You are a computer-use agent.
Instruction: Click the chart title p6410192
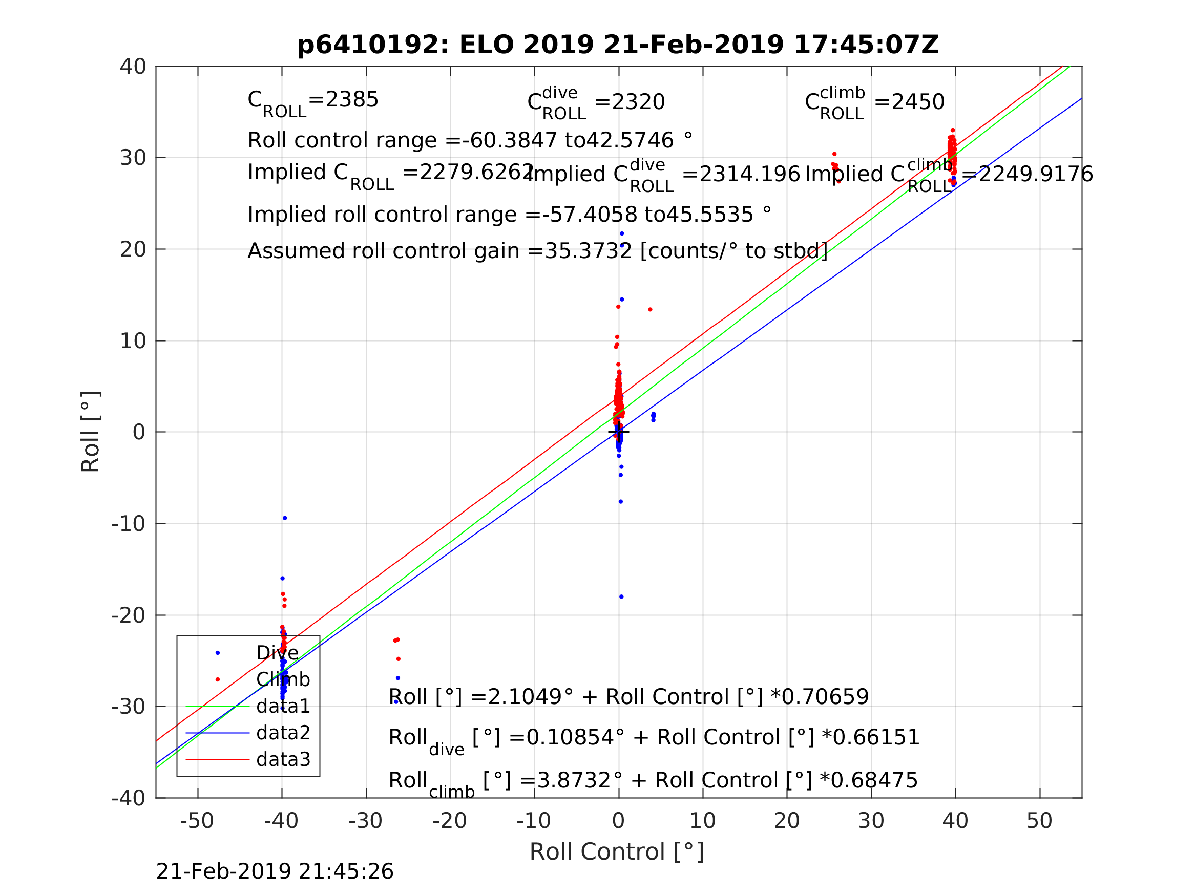click(x=618, y=45)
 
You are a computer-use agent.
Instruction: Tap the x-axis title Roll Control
click(x=616, y=852)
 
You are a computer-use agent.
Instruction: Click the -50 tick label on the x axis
click(x=197, y=821)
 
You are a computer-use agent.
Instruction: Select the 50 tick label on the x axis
click(x=1039, y=821)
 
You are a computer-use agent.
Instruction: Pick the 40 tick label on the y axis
click(x=133, y=67)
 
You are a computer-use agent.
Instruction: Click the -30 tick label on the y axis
click(x=129, y=707)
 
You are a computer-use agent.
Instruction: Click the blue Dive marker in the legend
click(x=218, y=653)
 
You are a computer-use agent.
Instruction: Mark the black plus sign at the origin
click(x=619, y=432)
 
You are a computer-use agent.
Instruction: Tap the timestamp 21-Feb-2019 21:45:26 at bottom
click(x=275, y=872)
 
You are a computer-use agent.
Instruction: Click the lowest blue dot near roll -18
click(x=621, y=597)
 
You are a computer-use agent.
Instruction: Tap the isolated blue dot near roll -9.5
click(x=285, y=518)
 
